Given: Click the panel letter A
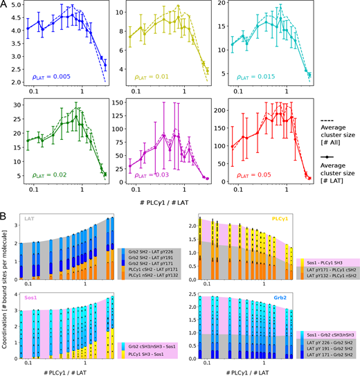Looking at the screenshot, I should [5, 5].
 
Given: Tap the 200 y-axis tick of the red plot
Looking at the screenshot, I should [218, 111].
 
